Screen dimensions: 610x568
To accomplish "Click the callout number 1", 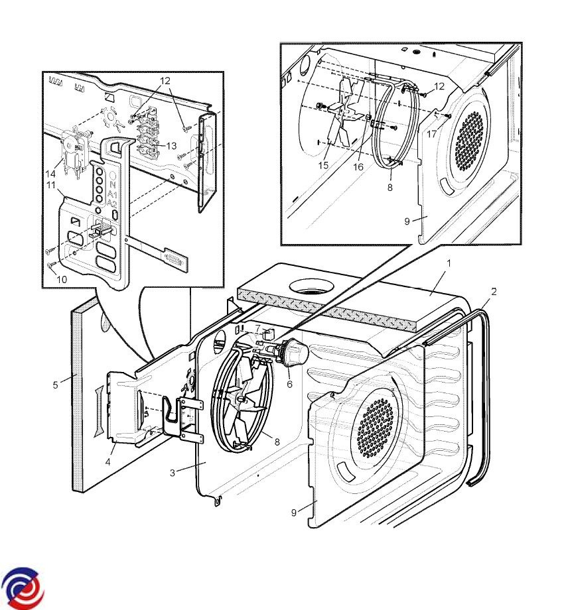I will click(449, 263).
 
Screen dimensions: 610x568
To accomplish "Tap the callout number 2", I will click(493, 291).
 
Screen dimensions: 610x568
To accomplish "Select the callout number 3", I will click(172, 473).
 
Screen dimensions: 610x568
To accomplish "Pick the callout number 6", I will click(289, 384).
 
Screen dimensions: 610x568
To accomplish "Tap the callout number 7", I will click(257, 329).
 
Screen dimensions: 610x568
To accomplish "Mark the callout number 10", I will click(62, 279).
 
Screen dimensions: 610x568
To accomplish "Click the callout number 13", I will click(171, 145).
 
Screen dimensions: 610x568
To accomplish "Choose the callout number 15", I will click(323, 165).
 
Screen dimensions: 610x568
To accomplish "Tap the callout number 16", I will click(359, 167).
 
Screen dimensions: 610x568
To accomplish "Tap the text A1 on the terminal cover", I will click(113, 196).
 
